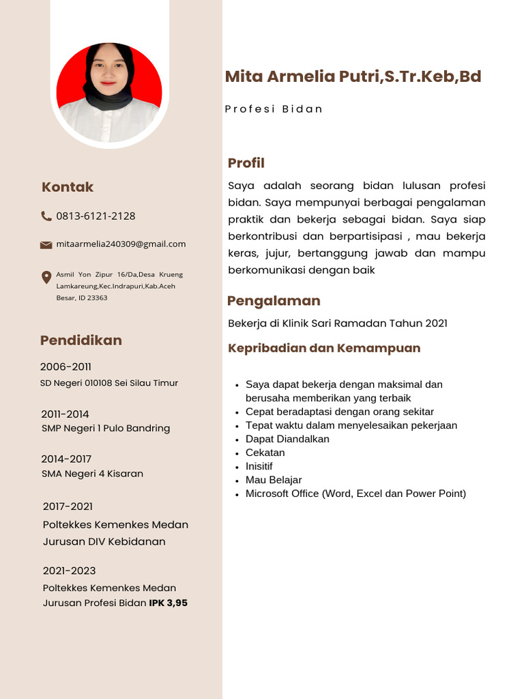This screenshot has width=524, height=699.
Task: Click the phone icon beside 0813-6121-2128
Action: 46,216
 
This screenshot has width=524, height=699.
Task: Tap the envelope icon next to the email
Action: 46,244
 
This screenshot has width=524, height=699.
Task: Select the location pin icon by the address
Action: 46,276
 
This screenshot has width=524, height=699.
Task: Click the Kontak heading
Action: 68,187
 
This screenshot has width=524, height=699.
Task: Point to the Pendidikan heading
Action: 81,340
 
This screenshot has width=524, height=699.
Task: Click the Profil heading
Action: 246,163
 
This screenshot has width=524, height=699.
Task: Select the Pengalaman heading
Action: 274,301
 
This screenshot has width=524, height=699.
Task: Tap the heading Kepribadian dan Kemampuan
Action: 323,348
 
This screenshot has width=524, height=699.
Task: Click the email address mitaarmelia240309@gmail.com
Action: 121,244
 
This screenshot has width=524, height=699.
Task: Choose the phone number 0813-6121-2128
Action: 96,216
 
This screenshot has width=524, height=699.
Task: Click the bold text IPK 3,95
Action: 168,603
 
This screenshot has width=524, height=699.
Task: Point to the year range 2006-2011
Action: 65,367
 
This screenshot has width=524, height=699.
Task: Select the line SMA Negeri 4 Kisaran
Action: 92,474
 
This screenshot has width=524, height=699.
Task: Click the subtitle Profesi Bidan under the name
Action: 274,109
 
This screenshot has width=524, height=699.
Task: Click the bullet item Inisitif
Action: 259,466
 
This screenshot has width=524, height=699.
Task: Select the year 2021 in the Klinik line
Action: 436,324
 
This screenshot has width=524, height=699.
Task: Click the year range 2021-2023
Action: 69,571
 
